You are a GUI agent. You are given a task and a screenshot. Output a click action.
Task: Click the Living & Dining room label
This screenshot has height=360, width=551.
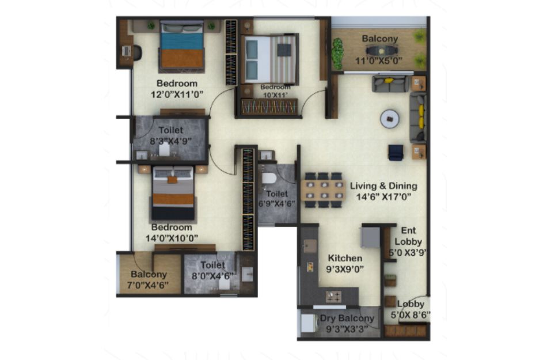383,186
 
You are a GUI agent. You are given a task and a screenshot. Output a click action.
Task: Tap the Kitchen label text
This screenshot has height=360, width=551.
345,258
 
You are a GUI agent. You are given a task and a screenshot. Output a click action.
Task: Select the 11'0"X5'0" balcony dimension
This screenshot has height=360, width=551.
378,61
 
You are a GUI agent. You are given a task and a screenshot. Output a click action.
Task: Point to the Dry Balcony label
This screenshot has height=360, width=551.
347,319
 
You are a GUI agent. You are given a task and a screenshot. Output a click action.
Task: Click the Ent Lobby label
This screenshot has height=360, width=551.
408,236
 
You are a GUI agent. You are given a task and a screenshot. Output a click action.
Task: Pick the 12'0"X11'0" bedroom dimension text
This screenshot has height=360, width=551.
177,94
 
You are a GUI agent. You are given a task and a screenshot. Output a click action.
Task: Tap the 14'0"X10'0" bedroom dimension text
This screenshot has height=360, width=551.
172,238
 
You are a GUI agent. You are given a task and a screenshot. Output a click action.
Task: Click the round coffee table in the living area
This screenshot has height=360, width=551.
390,119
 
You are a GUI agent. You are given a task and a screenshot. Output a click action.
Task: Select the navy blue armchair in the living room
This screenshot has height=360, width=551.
396,153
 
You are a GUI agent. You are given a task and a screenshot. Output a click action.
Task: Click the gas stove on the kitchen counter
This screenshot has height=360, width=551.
333,297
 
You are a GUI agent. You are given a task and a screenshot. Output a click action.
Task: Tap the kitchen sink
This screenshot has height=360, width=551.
310,246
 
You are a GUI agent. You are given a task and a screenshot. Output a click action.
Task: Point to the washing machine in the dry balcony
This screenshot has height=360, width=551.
308,323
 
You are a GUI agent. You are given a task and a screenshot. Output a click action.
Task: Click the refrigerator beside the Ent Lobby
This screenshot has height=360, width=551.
370,237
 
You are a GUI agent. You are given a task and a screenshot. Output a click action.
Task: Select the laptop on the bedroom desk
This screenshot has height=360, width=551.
127,51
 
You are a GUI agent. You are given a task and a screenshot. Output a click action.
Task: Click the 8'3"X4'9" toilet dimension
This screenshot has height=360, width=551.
171,141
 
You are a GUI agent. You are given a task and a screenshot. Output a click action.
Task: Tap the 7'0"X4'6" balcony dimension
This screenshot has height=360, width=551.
148,285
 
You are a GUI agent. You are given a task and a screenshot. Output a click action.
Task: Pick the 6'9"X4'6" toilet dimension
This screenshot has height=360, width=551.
277,204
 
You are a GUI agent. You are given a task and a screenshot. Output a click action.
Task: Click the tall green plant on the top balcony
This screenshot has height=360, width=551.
338,54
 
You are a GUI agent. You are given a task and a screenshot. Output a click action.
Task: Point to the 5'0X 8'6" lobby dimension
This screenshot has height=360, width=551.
411,315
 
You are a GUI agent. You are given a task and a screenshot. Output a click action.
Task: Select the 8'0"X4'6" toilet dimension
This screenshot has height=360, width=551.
212,276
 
